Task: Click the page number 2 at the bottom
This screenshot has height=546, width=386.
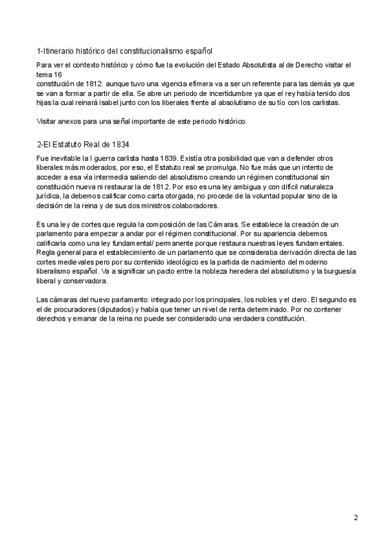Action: click(356, 517)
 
